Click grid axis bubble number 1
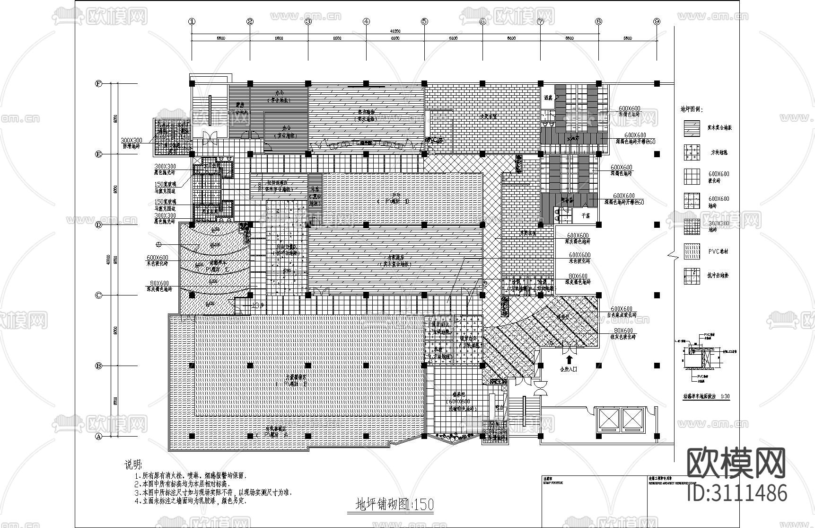(x=192, y=21)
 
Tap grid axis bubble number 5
(x=424, y=21)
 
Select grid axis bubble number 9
(x=657, y=21)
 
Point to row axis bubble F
(x=99, y=83)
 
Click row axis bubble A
(x=99, y=437)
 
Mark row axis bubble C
(x=99, y=295)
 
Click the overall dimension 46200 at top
(x=395, y=31)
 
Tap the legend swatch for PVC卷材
(x=692, y=251)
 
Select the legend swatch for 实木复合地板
(x=692, y=128)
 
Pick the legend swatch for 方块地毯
(x=692, y=152)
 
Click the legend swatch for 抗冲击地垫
(x=692, y=276)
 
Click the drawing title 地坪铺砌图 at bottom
(x=394, y=505)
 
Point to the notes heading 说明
(x=133, y=465)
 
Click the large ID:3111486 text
(x=736, y=492)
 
